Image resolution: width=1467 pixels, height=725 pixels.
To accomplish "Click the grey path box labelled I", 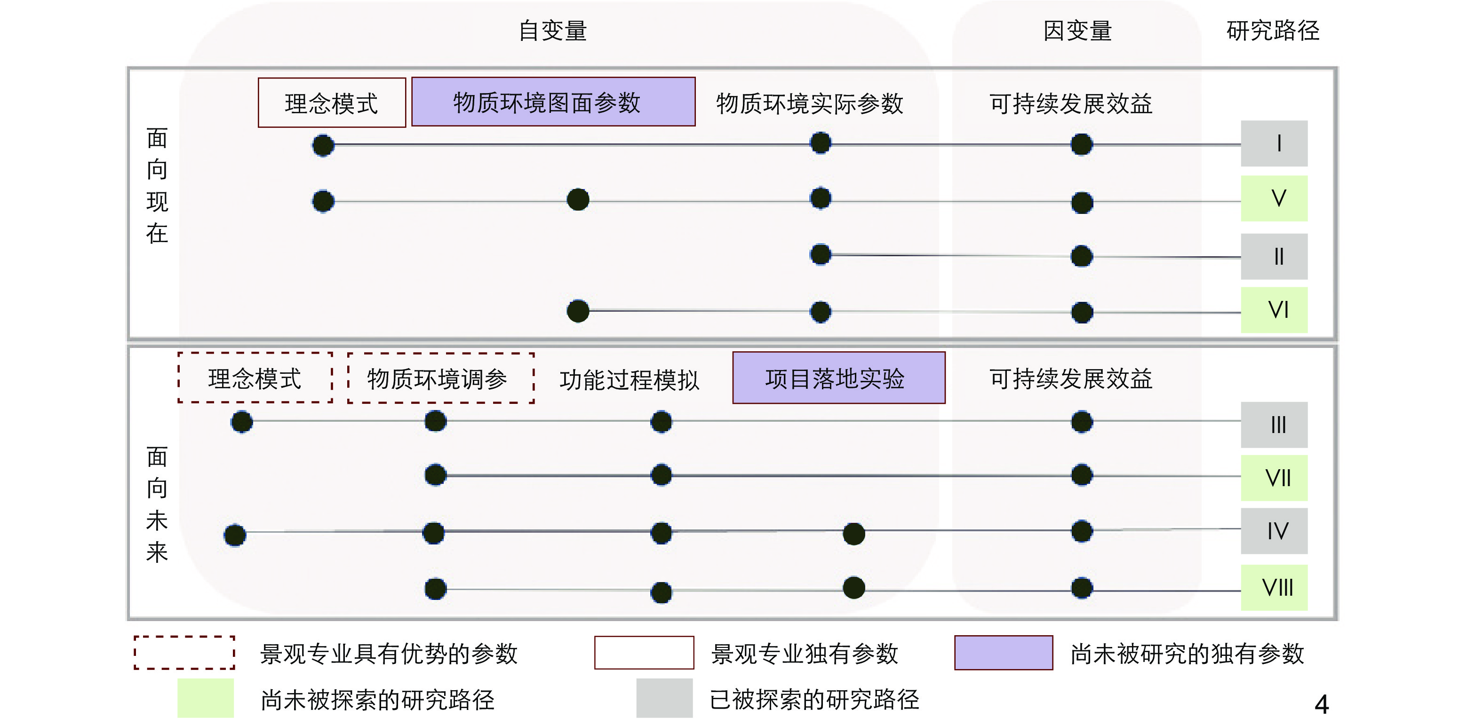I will click(x=1274, y=143).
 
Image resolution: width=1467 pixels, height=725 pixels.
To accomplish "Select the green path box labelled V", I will click(x=1274, y=198).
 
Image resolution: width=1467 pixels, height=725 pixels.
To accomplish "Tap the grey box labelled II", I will click(x=1274, y=257).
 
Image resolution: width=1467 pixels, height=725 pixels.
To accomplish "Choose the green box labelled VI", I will click(x=1274, y=310).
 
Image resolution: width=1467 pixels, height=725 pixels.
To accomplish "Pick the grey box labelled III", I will click(x=1274, y=425).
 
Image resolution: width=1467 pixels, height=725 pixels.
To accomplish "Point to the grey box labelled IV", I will click(x=1274, y=531).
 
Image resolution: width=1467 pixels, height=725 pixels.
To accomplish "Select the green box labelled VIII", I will click(x=1274, y=588).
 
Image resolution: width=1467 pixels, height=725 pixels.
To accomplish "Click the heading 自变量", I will click(x=552, y=31).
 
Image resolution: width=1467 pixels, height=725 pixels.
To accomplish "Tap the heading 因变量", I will click(x=1077, y=31).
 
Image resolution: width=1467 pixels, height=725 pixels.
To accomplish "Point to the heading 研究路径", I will click(x=1272, y=31).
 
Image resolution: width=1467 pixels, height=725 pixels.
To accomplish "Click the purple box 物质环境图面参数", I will click(x=553, y=102).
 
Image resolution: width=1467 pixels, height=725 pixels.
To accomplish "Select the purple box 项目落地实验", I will click(x=838, y=378).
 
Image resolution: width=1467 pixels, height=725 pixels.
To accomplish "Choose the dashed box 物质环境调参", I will click(x=441, y=378).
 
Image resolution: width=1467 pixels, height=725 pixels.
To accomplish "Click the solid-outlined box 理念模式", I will click(x=331, y=103).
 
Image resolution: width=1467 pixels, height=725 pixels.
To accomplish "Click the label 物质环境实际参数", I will click(x=809, y=103).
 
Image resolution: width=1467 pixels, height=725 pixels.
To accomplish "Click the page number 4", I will click(x=1321, y=704).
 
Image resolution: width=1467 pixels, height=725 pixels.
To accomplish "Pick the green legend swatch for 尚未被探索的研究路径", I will click(x=206, y=698).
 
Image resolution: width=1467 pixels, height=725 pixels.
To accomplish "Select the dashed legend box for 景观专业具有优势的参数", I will click(x=184, y=653).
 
